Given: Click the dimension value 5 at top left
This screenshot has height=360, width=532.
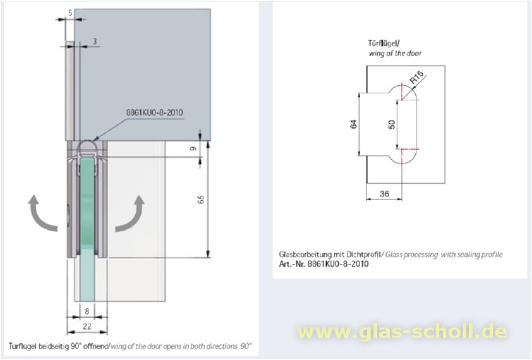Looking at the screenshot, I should click(x=71, y=12).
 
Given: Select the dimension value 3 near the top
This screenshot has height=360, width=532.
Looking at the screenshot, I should click(x=95, y=42).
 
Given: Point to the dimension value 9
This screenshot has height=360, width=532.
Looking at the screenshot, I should click(x=193, y=149).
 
